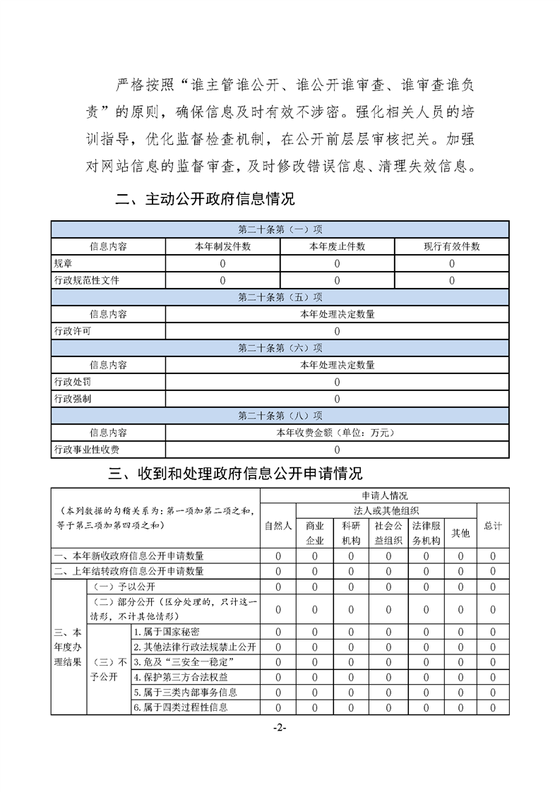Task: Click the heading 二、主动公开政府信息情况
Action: click(205, 199)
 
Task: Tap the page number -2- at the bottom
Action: click(280, 728)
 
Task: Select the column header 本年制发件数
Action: click(222, 246)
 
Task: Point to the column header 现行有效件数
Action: click(451, 246)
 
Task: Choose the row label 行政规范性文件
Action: click(87, 280)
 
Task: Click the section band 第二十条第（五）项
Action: click(280, 297)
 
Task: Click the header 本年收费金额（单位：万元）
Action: click(337, 433)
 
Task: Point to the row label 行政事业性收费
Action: click(87, 450)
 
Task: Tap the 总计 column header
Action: click(493, 525)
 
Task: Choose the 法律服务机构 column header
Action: click(426, 533)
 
